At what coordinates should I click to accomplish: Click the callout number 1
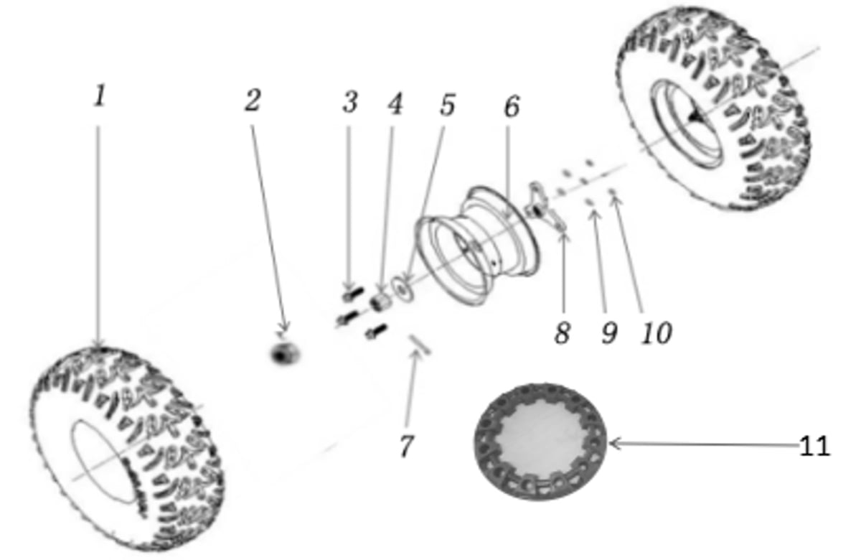pyautogui.click(x=100, y=95)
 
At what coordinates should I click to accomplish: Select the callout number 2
pyautogui.click(x=253, y=101)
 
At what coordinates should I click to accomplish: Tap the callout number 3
pyautogui.click(x=350, y=102)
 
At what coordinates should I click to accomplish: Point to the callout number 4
pyautogui.click(x=395, y=104)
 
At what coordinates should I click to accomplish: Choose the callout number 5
pyautogui.click(x=448, y=105)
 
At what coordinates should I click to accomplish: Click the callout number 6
pyautogui.click(x=512, y=106)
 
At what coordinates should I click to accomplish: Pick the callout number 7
pyautogui.click(x=407, y=446)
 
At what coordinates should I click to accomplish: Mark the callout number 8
pyautogui.click(x=562, y=332)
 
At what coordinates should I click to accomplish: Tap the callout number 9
pyautogui.click(x=610, y=332)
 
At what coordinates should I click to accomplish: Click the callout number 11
pyautogui.click(x=815, y=446)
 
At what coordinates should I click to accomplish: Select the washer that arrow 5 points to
pyautogui.click(x=403, y=288)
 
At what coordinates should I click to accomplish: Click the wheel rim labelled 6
pyautogui.click(x=478, y=246)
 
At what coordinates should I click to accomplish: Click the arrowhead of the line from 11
pyautogui.click(x=611, y=444)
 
